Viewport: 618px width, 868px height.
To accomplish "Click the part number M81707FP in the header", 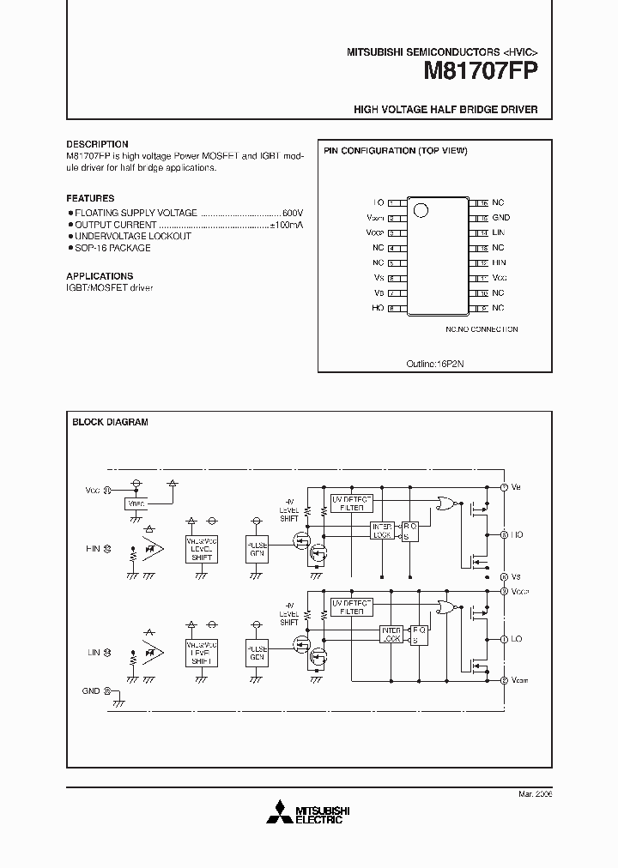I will (481, 72).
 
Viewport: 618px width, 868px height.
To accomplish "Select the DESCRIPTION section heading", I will (97, 144).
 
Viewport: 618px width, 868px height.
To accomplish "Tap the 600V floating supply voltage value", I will (293, 212).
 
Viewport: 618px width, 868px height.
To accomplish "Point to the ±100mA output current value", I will (287, 224).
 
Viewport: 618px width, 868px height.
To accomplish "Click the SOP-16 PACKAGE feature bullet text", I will (112, 248).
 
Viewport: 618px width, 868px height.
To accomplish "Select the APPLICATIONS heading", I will (100, 276).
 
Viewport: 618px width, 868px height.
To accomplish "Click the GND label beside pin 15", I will (501, 218).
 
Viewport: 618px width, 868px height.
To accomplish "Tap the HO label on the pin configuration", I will (378, 308).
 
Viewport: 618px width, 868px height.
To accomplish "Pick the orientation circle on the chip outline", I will (420, 208).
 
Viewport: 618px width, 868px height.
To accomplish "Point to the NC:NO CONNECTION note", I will (482, 329).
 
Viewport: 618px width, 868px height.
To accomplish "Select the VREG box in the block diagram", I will (136, 503).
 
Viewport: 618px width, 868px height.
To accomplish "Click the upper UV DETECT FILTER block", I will (350, 503).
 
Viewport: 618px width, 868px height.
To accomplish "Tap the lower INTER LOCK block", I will (391, 635).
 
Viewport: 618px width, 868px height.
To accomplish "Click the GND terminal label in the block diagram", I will (91, 690).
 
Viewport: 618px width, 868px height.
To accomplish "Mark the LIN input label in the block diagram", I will (94, 653).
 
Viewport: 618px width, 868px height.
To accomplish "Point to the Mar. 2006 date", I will (536, 795).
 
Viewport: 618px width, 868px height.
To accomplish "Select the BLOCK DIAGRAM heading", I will (110, 422).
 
